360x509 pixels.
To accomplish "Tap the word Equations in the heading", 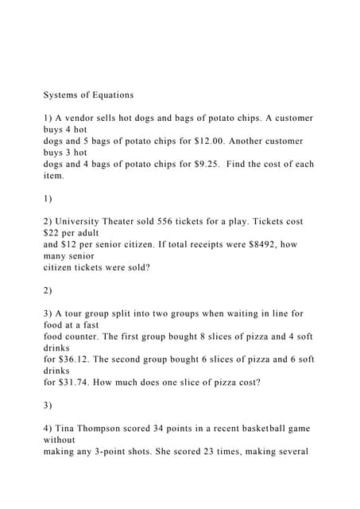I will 110,95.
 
